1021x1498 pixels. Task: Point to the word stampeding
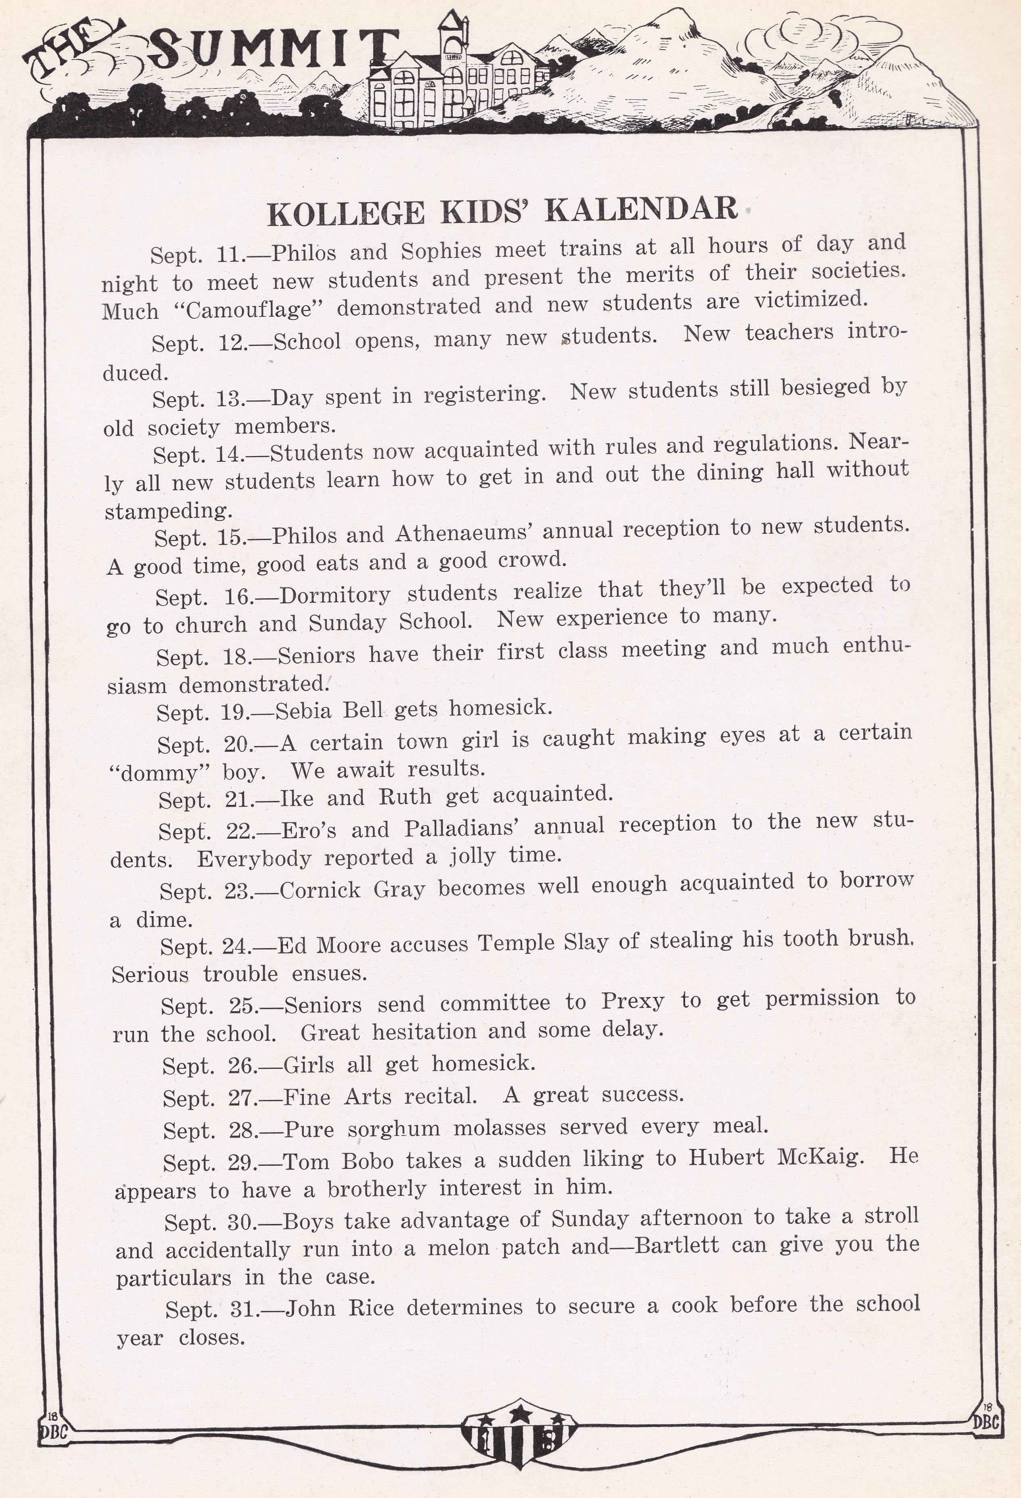[x=168, y=511]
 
